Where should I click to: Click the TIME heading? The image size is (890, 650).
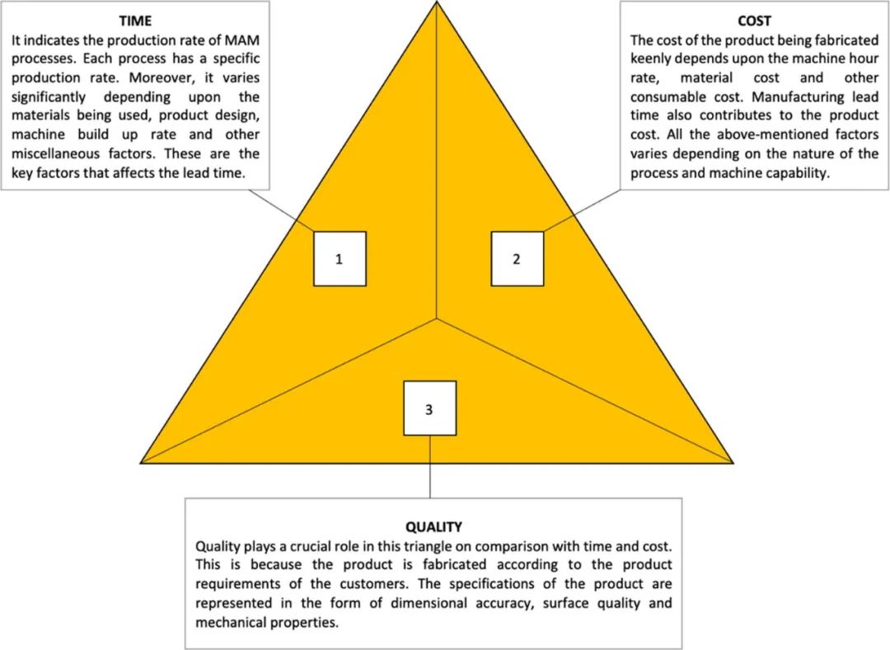click(135, 21)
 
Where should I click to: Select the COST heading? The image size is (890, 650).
click(754, 21)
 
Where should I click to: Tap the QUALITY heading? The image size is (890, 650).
click(433, 526)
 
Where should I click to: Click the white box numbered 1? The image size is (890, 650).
click(339, 259)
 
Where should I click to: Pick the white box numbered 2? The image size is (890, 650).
click(517, 259)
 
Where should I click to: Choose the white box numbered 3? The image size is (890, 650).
click(429, 407)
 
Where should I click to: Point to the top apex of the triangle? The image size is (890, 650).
click(437, 3)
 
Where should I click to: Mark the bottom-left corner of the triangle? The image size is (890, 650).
click(143, 462)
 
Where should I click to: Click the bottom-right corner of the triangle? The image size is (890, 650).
click(732, 462)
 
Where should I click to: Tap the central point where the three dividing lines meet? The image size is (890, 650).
click(437, 318)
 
